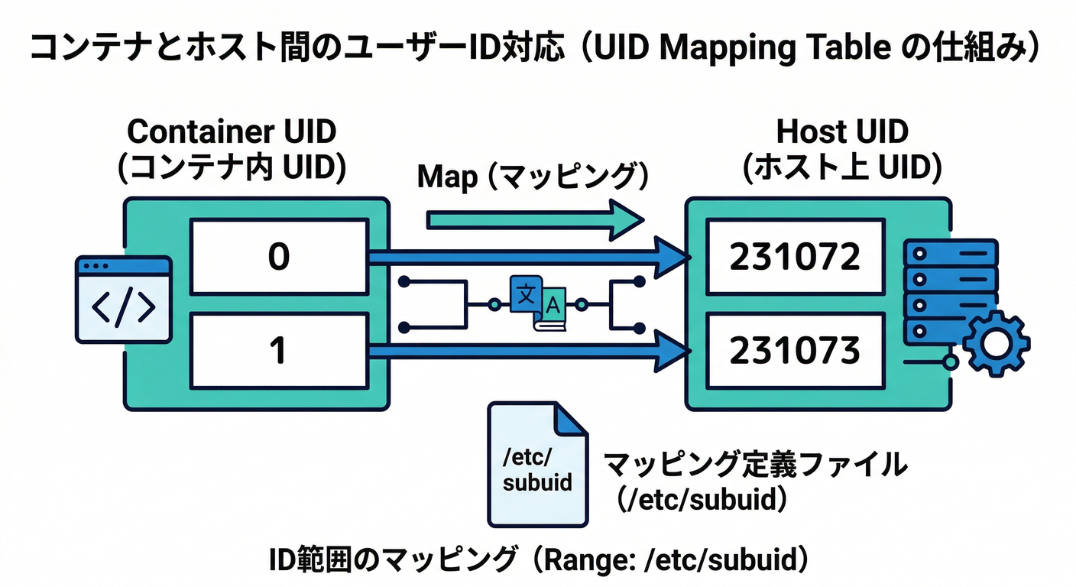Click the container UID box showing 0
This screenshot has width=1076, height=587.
pos(278,258)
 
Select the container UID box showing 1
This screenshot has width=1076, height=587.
pos(278,351)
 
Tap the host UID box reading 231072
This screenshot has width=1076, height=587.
pos(795,258)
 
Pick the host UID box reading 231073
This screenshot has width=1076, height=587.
pos(795,351)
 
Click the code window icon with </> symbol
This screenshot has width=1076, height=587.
pos(123,300)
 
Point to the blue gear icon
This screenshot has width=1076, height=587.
pos(995,343)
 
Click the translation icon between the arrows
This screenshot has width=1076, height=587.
pos(537,303)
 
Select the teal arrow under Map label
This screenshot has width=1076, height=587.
pos(535,220)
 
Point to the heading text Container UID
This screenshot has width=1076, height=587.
pos(232,131)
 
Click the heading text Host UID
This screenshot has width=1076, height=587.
pos(842,131)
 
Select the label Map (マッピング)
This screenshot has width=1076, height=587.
pos(533,177)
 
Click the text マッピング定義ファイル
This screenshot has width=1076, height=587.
pos(755,464)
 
